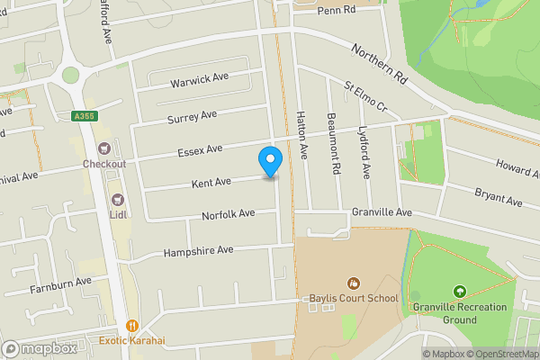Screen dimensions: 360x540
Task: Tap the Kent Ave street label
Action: [x=211, y=183]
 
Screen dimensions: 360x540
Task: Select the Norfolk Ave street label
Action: [x=229, y=214]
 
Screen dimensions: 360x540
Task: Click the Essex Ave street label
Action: [x=201, y=149]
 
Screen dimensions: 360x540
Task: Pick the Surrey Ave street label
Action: [x=192, y=117]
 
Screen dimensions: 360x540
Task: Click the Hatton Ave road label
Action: [x=303, y=135]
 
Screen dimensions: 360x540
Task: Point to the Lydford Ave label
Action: [x=365, y=149]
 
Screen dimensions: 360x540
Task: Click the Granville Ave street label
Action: [x=382, y=212]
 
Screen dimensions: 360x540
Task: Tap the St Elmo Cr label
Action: [x=365, y=97]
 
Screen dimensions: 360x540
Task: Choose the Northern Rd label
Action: [x=379, y=66]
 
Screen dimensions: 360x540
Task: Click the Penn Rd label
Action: [x=337, y=11]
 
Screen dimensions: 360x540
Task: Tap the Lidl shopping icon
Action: [x=116, y=199]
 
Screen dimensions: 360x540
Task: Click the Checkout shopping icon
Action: [x=104, y=148]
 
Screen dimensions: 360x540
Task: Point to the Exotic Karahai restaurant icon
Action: [x=132, y=326]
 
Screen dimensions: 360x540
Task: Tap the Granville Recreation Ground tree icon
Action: [x=460, y=292]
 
